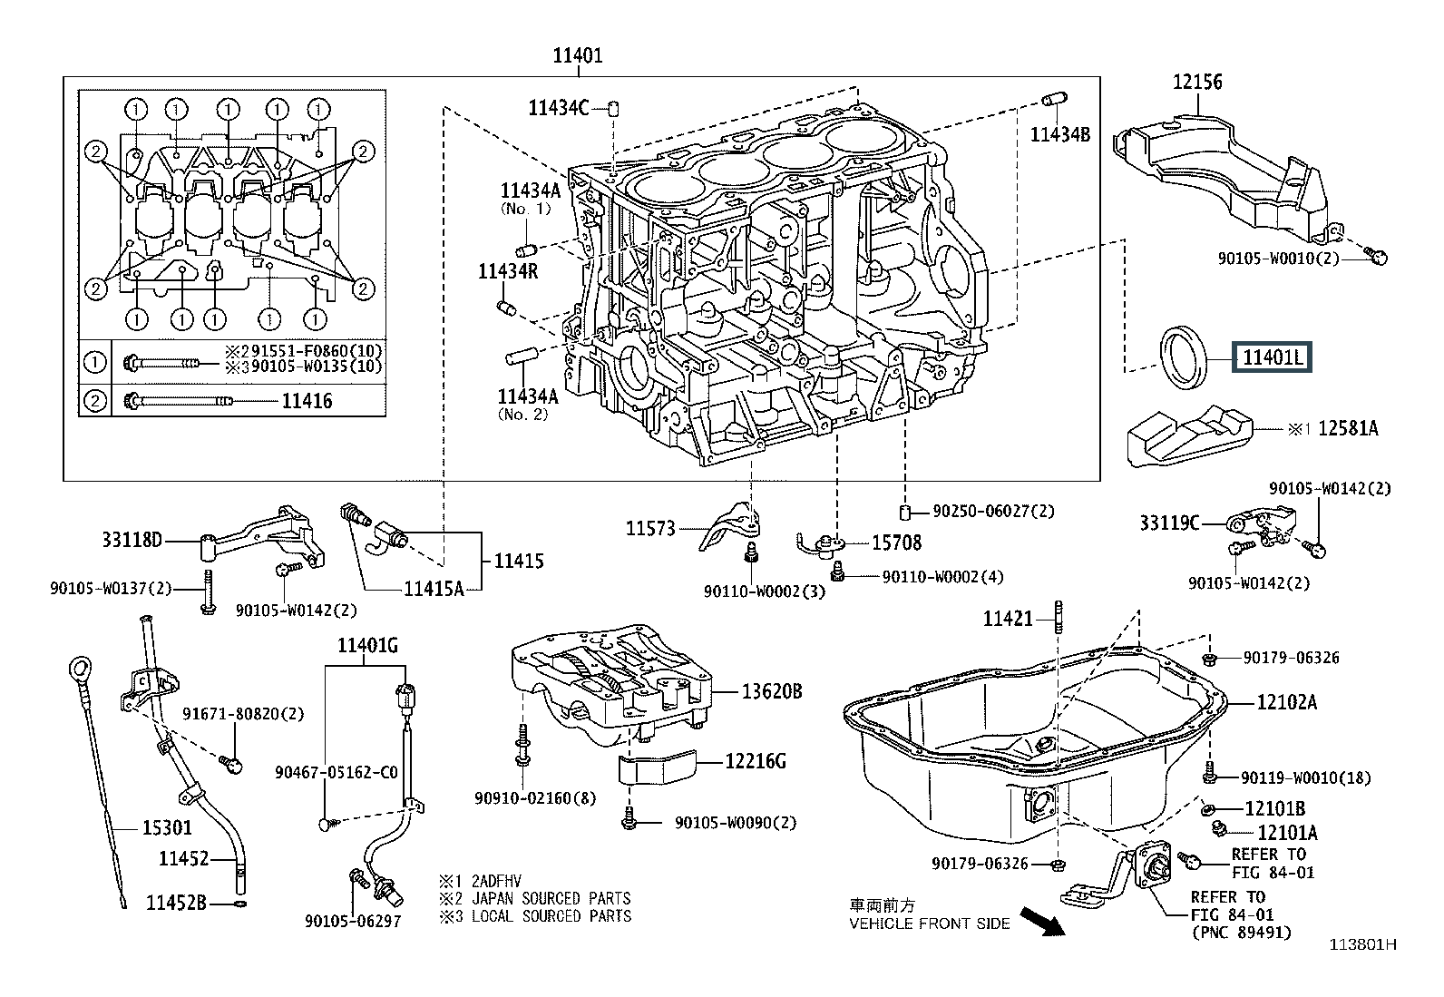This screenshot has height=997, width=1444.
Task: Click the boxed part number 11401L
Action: point(1272,358)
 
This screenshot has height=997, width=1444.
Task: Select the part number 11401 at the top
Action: point(578,56)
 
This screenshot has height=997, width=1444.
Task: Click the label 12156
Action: point(1196,83)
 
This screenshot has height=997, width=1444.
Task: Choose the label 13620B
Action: point(772,692)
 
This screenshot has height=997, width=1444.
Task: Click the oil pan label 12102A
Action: point(1286,701)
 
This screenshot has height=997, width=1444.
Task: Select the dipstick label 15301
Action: point(167,827)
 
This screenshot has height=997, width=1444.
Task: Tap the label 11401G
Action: point(367,646)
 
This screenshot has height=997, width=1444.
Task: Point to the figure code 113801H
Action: point(1362,944)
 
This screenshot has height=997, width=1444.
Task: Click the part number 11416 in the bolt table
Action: point(307,401)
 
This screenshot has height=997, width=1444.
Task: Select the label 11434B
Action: point(1059,135)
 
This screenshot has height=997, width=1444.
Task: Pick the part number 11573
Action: point(650,528)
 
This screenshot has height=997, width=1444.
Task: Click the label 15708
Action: point(896,542)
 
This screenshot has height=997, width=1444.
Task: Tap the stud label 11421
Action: point(1009,619)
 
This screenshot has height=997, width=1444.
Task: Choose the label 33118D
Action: point(132,542)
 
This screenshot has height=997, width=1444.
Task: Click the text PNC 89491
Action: point(1241,932)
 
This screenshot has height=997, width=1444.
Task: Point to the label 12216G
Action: point(755,761)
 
